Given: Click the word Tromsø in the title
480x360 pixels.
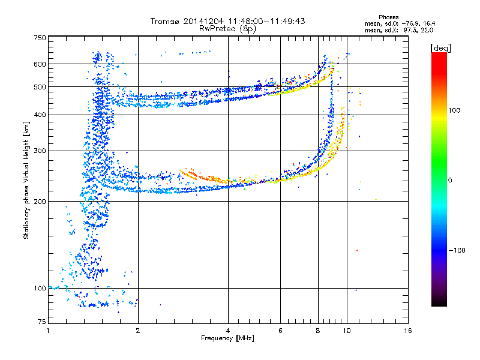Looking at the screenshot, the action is pyautogui.click(x=166, y=21).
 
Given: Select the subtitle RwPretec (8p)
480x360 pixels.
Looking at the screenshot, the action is pyautogui.click(x=227, y=29).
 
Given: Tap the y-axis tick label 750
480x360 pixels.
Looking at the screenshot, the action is pyautogui.click(x=40, y=38).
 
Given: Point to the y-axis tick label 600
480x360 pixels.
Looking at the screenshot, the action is pyautogui.click(x=40, y=64).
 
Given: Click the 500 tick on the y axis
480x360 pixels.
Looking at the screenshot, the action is pyautogui.click(x=40, y=87).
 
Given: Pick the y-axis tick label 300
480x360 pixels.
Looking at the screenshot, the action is pyautogui.click(x=40, y=151).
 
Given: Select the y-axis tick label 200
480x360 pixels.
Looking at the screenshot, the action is pyautogui.click(x=40, y=202).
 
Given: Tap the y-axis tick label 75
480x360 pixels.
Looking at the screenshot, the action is pyautogui.click(x=42, y=322).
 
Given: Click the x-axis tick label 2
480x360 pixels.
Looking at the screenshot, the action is pyautogui.click(x=138, y=331).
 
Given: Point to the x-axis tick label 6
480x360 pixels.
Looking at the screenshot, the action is pyautogui.click(x=280, y=331).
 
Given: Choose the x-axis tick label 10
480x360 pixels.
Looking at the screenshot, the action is pyautogui.click(x=347, y=331).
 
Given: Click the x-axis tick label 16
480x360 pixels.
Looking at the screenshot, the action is pyautogui.click(x=408, y=331).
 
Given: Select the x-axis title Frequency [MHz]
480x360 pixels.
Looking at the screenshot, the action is pyautogui.click(x=227, y=338).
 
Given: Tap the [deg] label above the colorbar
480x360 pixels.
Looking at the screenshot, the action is pyautogui.click(x=440, y=48).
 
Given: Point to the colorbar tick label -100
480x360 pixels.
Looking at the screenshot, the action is pyautogui.click(x=457, y=250).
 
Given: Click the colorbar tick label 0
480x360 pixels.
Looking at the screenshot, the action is pyautogui.click(x=450, y=181).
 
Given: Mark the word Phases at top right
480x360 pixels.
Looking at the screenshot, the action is pyautogui.click(x=388, y=17).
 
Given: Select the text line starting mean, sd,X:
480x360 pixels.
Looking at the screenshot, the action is pyautogui.click(x=399, y=30).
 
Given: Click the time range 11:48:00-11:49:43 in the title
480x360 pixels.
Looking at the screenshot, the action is pyautogui.click(x=266, y=21).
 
